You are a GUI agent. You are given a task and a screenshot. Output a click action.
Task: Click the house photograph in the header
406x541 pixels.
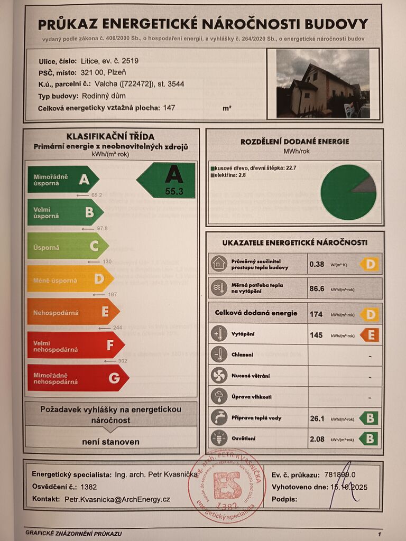pyautogui.click(x=322, y=83)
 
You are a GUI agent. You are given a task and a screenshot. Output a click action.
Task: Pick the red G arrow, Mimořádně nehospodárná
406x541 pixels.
pyautogui.click(x=77, y=378)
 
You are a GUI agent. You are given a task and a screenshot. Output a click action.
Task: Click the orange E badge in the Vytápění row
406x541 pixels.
pyautogui.click(x=370, y=335)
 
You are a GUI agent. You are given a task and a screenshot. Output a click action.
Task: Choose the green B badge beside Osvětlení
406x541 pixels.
pyautogui.click(x=368, y=439)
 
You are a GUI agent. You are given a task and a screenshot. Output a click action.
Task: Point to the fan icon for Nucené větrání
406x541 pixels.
pyautogui.click(x=218, y=376)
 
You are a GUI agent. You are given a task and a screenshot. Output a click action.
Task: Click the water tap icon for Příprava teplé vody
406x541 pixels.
pyautogui.click(x=218, y=417)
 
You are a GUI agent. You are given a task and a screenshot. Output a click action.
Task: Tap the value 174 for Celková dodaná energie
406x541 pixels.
pyautogui.click(x=316, y=314)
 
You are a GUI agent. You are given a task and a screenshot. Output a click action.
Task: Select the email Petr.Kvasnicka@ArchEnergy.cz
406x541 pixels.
pyautogui.click(x=117, y=499)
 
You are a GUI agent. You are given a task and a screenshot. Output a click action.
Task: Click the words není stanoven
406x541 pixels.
pyautogui.click(x=110, y=442)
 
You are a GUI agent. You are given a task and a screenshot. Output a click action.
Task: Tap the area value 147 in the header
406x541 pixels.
pyautogui.click(x=169, y=108)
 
